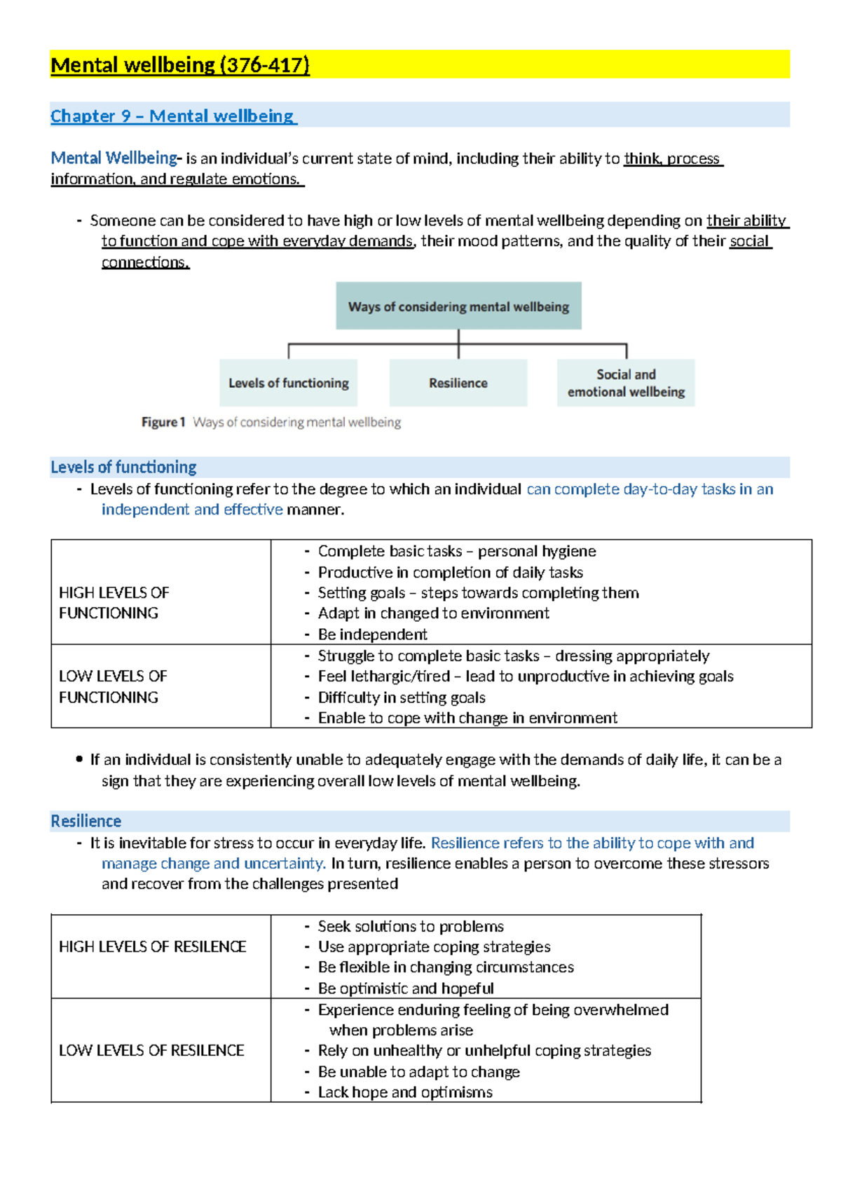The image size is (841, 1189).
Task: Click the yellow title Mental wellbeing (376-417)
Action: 180,65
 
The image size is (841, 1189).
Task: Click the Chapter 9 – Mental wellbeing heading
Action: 173,116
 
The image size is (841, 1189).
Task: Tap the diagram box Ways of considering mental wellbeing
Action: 458,306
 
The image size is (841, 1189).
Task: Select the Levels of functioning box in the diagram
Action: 288,383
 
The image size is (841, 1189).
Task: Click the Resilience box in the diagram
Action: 458,383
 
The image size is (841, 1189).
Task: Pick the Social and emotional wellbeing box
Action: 626,383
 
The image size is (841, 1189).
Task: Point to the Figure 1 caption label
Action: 163,422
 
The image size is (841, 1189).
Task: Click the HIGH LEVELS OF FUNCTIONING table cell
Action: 114,602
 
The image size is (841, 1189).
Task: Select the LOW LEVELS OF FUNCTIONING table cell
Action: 112,686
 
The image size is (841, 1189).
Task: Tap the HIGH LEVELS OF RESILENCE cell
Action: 152,946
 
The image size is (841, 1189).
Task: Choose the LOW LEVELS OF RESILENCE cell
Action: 151,1050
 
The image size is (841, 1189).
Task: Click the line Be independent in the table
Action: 372,634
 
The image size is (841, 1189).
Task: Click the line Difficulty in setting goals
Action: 402,698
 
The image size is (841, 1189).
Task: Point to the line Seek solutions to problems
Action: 411,926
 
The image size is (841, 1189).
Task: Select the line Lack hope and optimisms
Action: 405,1092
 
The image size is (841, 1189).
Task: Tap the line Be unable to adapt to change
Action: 418,1072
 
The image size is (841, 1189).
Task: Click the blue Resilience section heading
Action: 86,821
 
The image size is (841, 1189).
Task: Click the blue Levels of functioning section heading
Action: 123,467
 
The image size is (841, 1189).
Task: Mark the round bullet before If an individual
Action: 79,759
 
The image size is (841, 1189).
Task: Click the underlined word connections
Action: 145,262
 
